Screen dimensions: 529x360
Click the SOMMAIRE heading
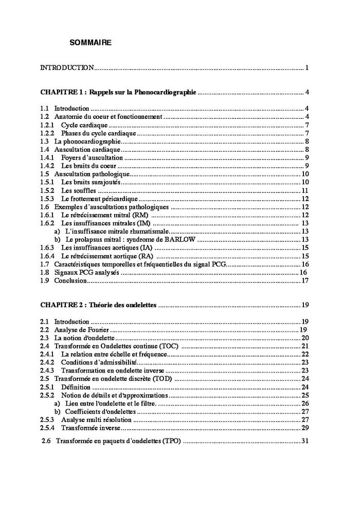coord(91,43)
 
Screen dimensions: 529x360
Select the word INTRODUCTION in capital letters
coord(67,68)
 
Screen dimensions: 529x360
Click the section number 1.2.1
coord(47,125)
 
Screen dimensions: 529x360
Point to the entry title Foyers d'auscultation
coord(92,157)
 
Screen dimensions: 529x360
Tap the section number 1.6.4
coord(47,256)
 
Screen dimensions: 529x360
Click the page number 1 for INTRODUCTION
coord(307,68)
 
